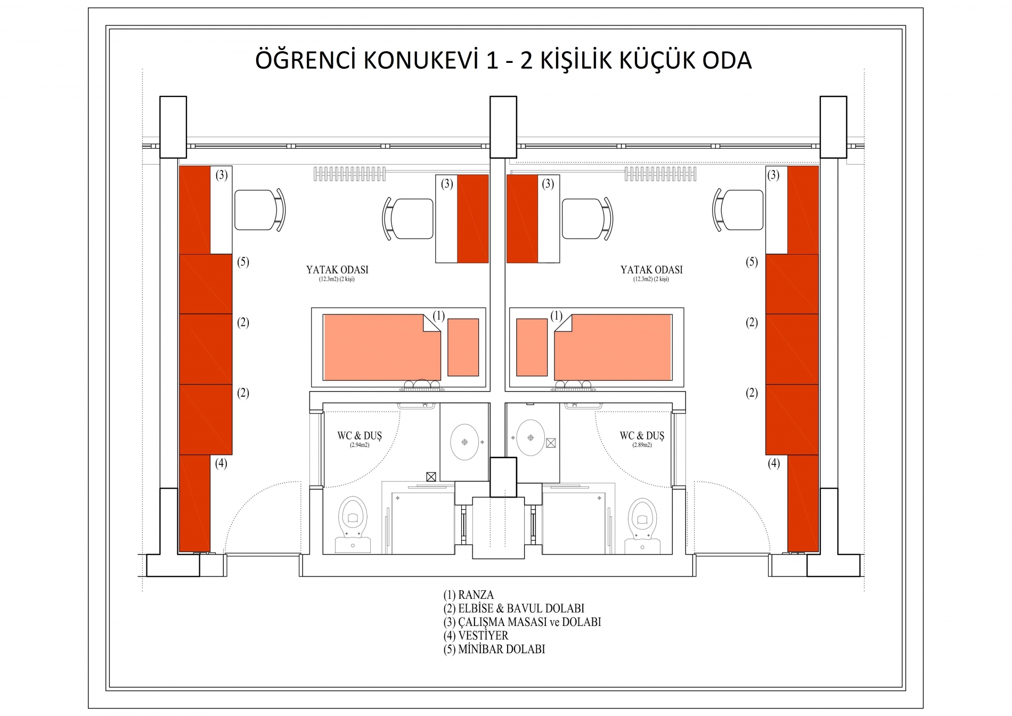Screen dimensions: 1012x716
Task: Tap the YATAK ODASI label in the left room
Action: [x=337, y=270]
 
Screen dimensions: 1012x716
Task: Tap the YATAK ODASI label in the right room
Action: [x=651, y=270]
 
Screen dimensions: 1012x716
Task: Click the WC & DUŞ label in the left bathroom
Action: [x=360, y=436]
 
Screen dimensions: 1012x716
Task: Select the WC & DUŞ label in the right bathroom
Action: [x=642, y=436]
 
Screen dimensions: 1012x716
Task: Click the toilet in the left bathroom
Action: [x=353, y=525]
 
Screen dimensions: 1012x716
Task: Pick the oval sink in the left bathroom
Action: [x=464, y=442]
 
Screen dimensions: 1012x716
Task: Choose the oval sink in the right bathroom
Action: [x=531, y=438]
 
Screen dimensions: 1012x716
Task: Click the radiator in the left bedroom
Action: [x=349, y=174]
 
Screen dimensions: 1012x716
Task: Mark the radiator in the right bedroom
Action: [x=660, y=174]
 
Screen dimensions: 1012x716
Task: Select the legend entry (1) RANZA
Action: [x=468, y=595]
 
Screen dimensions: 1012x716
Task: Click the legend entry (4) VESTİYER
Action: [x=476, y=636]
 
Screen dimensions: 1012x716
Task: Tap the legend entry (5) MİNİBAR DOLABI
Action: [x=494, y=649]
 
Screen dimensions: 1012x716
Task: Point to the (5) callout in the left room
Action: [x=243, y=262]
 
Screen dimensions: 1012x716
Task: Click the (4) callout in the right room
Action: [x=773, y=463]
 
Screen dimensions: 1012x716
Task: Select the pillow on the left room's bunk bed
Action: [x=463, y=347]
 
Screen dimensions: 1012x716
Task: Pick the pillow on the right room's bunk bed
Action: [x=532, y=347]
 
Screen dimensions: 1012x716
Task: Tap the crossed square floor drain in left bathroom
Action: [x=431, y=477]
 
